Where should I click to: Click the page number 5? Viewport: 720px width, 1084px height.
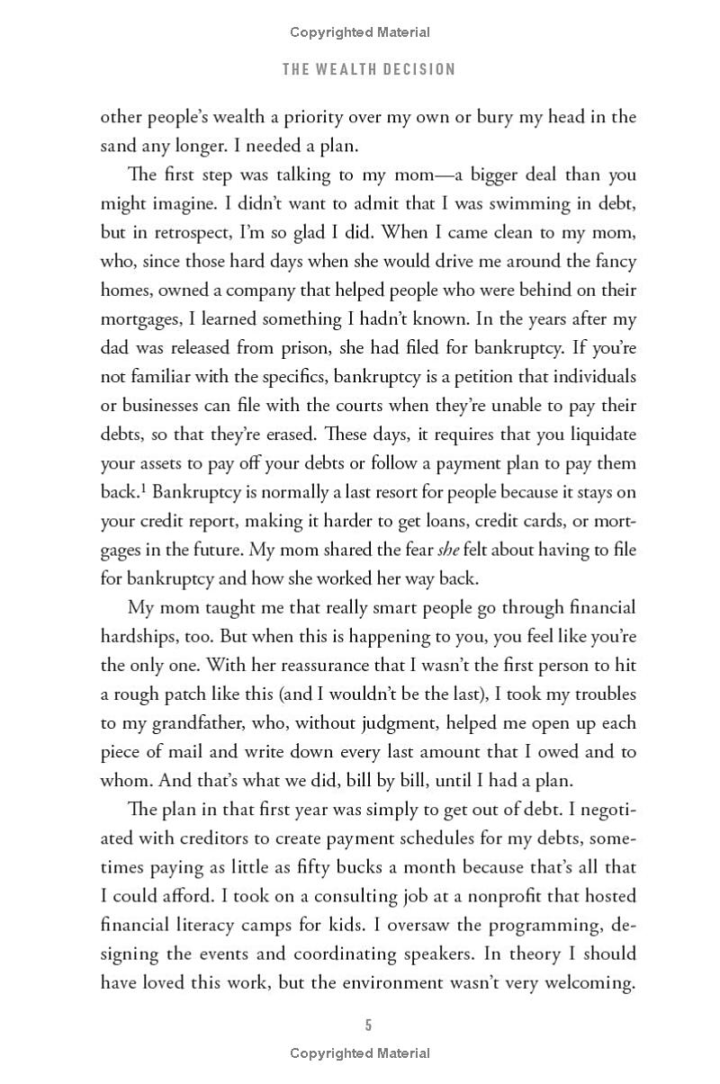click(369, 1025)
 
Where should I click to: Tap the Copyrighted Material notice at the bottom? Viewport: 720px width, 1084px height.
click(360, 1053)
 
